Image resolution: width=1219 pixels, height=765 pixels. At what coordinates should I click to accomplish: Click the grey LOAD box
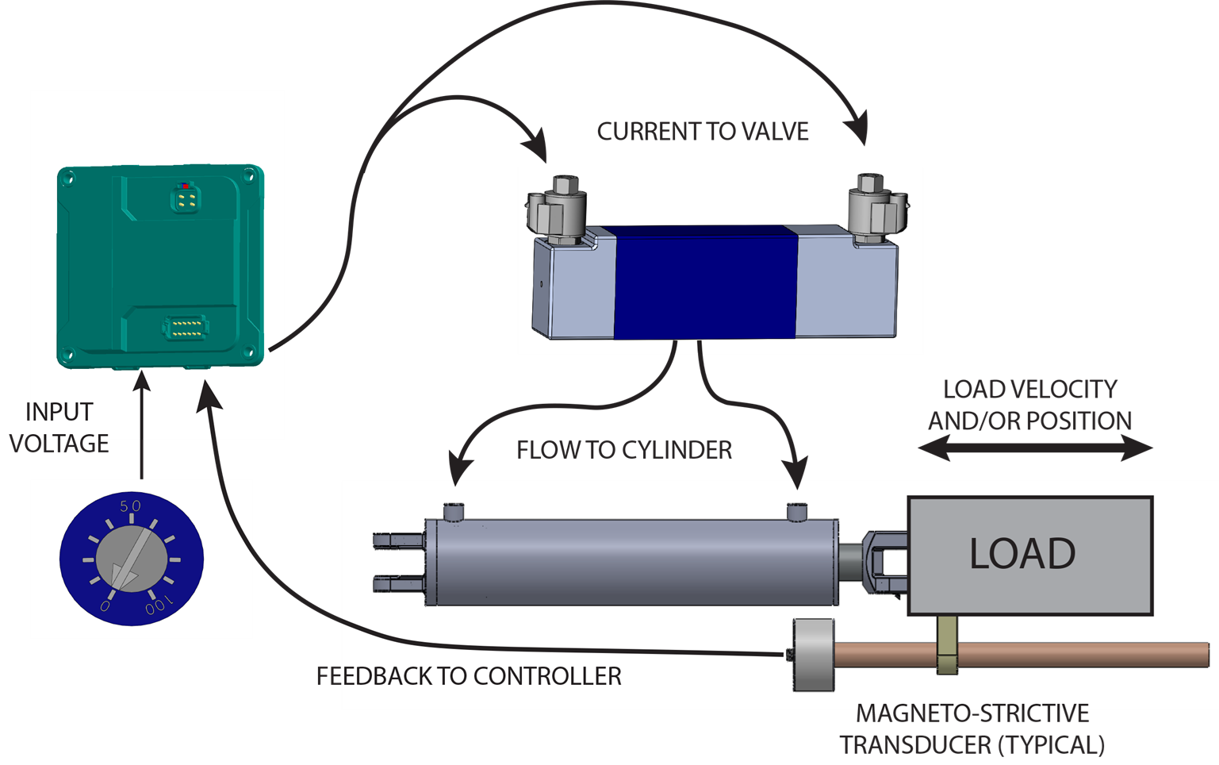click(x=1029, y=555)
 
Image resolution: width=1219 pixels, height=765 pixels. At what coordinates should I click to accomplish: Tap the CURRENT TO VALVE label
click(x=703, y=132)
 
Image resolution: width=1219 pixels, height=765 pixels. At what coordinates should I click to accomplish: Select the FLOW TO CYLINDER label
click(x=624, y=451)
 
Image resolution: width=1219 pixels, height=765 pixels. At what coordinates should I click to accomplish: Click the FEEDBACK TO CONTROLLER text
click(x=469, y=676)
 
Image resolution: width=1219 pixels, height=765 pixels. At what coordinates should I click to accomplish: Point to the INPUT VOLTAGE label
click(x=59, y=428)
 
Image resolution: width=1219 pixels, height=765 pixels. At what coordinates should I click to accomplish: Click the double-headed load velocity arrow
click(x=1034, y=449)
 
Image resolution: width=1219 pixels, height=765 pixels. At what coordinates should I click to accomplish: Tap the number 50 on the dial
click(x=130, y=506)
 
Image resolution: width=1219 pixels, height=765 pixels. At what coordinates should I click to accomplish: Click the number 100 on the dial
click(x=157, y=607)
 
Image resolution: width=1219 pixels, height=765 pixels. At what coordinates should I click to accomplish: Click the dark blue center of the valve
click(x=705, y=282)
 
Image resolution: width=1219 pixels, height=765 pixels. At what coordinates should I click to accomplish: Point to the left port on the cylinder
click(x=454, y=512)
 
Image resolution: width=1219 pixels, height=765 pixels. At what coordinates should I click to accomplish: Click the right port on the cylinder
click(x=796, y=511)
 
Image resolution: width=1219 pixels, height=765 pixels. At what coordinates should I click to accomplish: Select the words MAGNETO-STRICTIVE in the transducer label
click(x=972, y=713)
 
